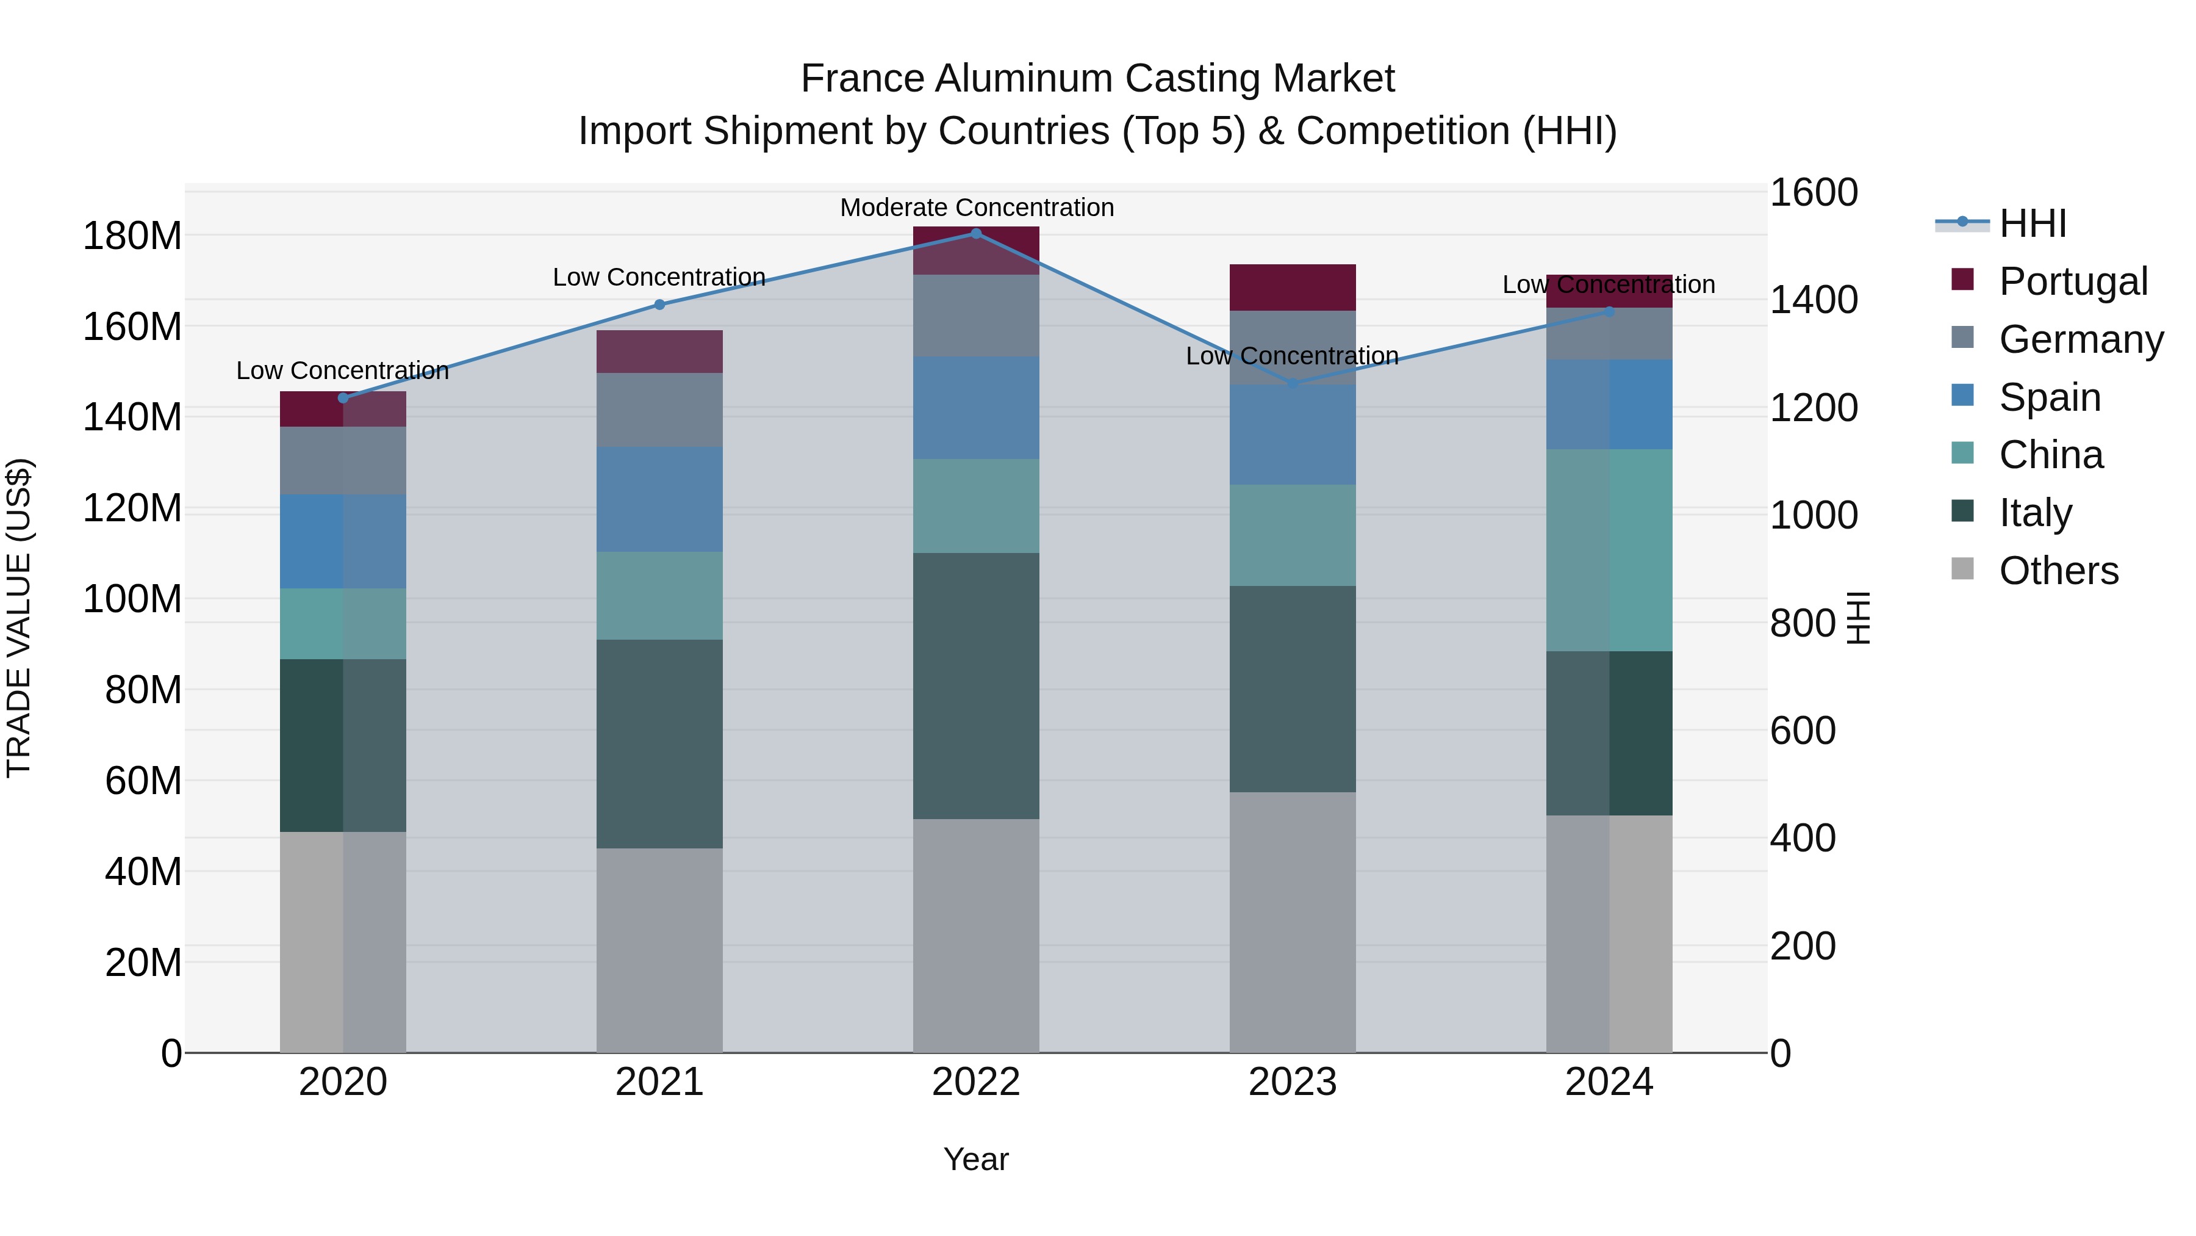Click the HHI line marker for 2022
976,234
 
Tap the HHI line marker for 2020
343,399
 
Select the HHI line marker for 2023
1293,384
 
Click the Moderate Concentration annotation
976,208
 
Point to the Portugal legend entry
2072,281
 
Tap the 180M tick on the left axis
132,236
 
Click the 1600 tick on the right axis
1814,193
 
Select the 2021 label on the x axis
659,1082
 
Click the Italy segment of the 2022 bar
976,686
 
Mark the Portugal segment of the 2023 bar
1293,287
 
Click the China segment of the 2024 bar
1609,550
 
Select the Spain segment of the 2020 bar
343,541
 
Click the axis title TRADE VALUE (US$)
19,618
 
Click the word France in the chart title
863,79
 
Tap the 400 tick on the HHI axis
1802,839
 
